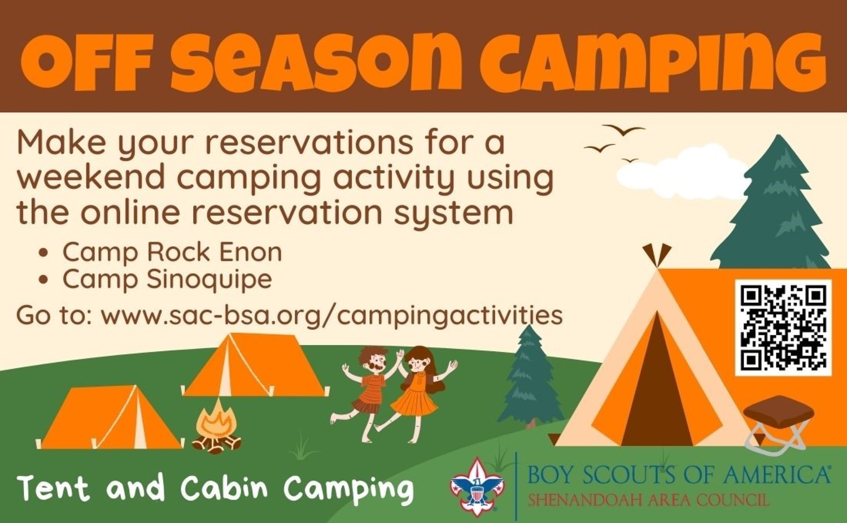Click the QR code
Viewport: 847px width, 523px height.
pyautogui.click(x=783, y=328)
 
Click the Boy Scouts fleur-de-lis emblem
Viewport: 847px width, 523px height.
pyautogui.click(x=477, y=486)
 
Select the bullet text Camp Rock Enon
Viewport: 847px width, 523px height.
pyautogui.click(x=172, y=252)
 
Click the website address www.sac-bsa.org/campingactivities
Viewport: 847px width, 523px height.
pyautogui.click(x=332, y=315)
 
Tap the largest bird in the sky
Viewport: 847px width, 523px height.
pyautogui.click(x=624, y=130)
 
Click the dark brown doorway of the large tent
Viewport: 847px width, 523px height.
pyautogui.click(x=657, y=382)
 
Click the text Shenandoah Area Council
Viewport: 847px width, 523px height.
pyautogui.click(x=649, y=500)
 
